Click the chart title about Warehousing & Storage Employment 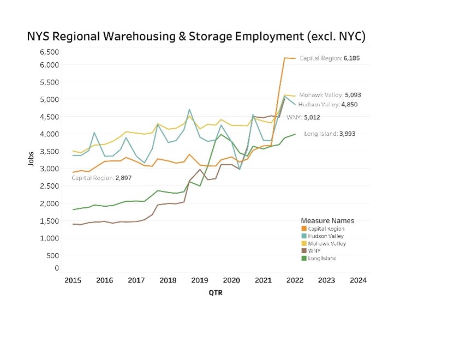[x=196, y=37]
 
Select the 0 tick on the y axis [x=56, y=268]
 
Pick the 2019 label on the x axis [x=200, y=280]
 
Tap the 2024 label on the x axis [x=358, y=280]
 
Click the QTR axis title [x=216, y=292]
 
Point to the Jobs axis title [x=32, y=158]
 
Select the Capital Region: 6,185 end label [x=330, y=58]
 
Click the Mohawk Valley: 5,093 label [x=330, y=95]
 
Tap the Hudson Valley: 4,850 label [x=328, y=104]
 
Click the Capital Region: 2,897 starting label [x=101, y=178]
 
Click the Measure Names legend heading [x=327, y=221]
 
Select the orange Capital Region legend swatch [x=304, y=229]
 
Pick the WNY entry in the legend [x=315, y=251]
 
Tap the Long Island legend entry [x=322, y=258]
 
